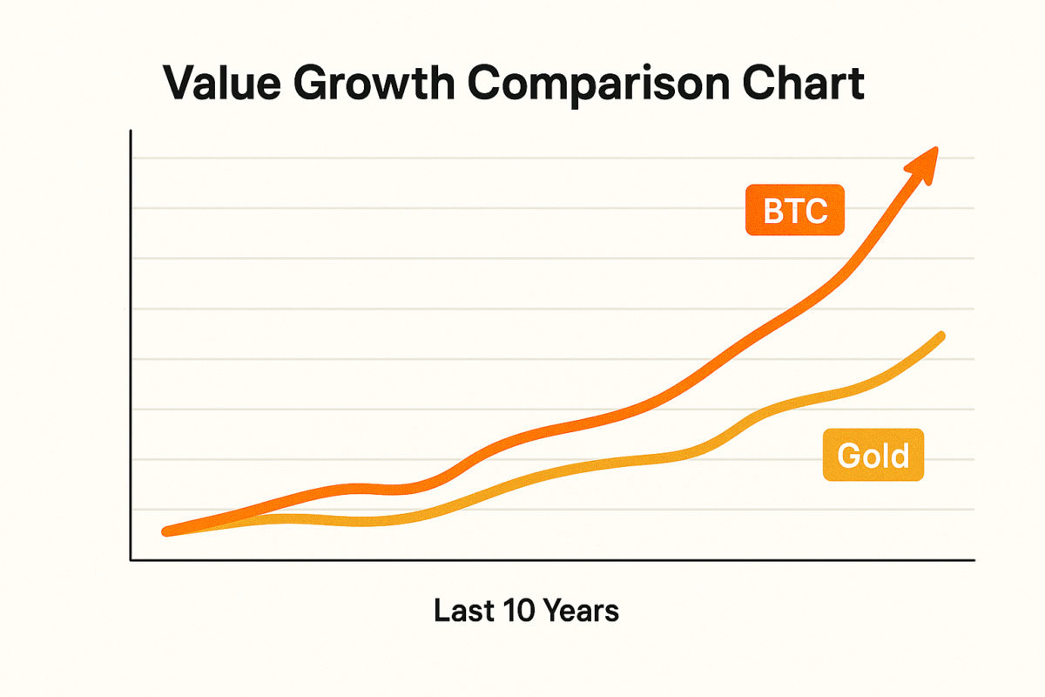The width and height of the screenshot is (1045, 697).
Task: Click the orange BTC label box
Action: pyautogui.click(x=794, y=211)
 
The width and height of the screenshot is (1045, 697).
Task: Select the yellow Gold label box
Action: pyautogui.click(x=873, y=456)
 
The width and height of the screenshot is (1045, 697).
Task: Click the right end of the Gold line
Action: pyautogui.click(x=941, y=335)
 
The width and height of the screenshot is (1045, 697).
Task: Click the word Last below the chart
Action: pyautogui.click(x=465, y=612)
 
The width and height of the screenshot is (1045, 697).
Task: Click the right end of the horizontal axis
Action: pyautogui.click(x=973, y=560)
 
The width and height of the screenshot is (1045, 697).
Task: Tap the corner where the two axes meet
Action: pyautogui.click(x=130, y=560)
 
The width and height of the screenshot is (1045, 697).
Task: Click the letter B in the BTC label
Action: pyautogui.click(x=773, y=211)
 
